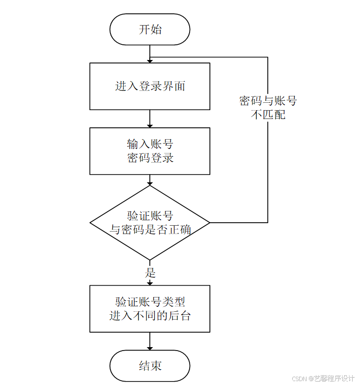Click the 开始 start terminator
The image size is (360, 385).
150,30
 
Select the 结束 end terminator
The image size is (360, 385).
150,366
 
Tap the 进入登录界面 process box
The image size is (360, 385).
150,86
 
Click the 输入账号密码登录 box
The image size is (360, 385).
150,151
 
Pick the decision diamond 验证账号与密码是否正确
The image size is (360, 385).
150,223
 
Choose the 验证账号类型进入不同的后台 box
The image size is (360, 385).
150,309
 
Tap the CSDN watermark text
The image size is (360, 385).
323,379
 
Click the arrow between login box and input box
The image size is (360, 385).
150,118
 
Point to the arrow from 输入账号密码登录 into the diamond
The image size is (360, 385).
150,180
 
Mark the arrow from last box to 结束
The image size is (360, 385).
150,341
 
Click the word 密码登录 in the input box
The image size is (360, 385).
150,158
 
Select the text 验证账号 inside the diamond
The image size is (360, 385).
150,216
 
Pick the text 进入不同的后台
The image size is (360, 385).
150,316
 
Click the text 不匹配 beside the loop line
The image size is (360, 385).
268,116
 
